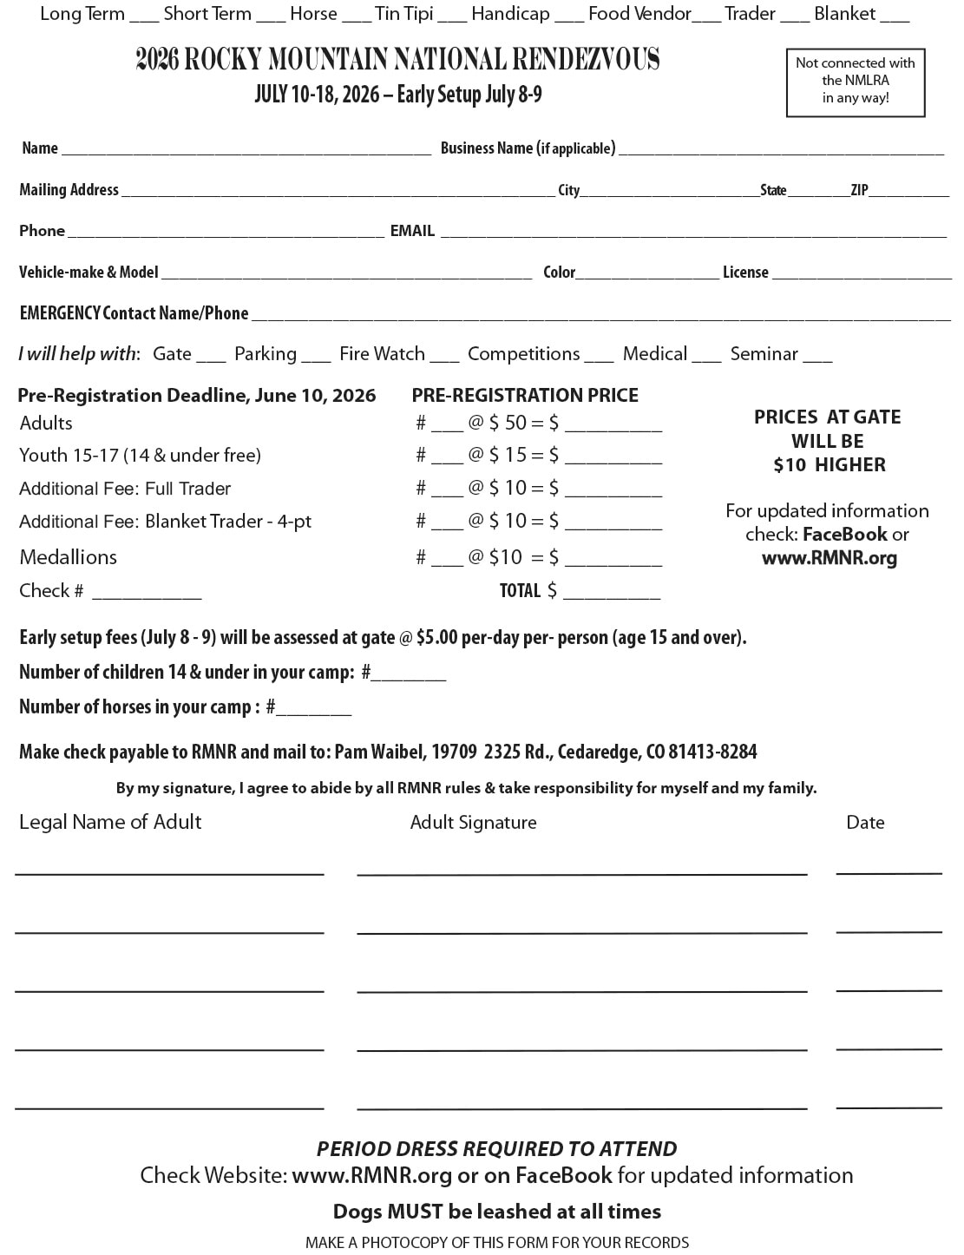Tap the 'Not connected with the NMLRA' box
pos(855,81)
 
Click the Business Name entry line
pos(781,150)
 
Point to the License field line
pos(861,275)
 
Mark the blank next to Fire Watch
pos(444,356)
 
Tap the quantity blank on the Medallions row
pos(448,560)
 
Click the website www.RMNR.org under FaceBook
pos(829,558)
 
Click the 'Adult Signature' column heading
pos(473,823)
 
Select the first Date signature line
pos(889,869)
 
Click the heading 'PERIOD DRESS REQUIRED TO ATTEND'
pos(496,1149)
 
